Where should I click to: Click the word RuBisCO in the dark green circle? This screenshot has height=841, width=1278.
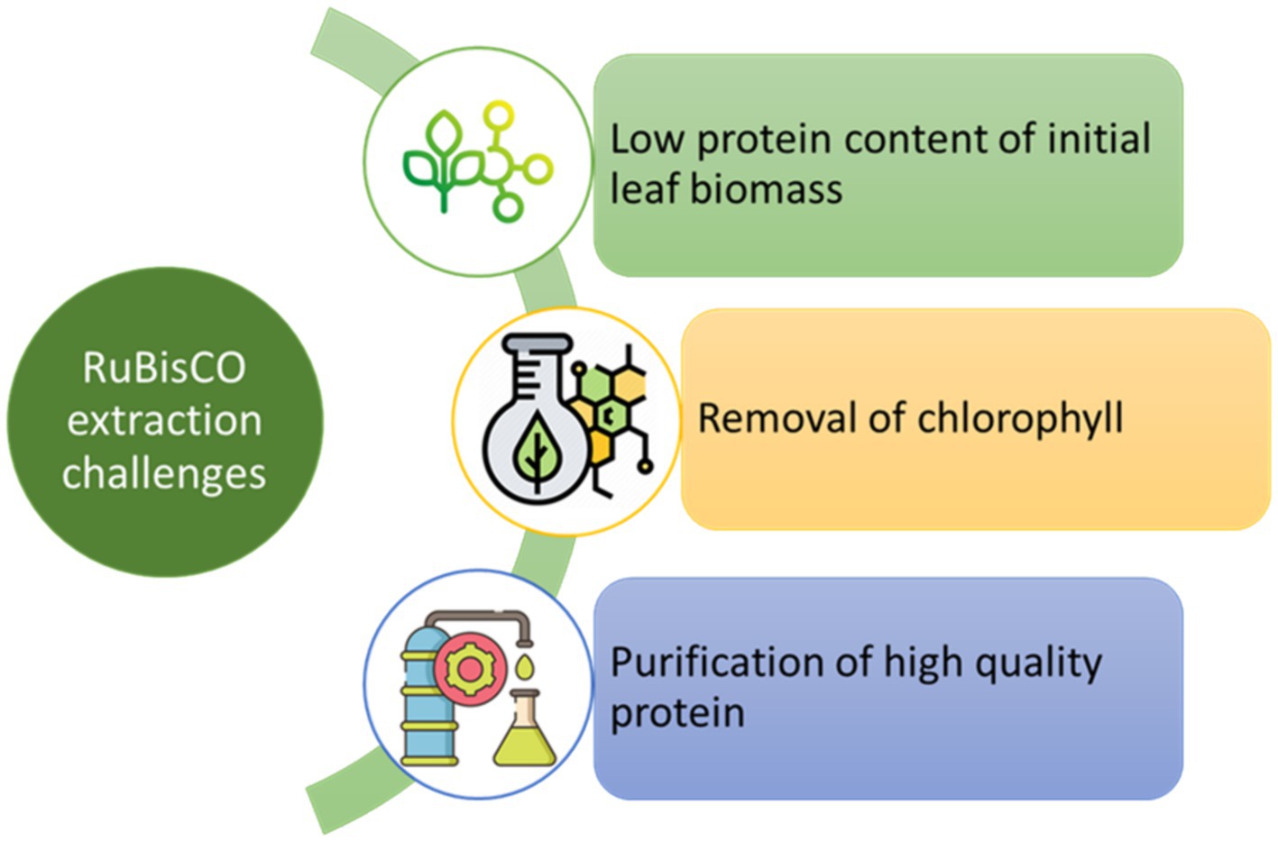pyautogui.click(x=164, y=368)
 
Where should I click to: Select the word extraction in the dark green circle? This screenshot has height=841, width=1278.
pyautogui.click(x=164, y=420)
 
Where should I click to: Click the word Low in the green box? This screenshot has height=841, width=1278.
pyautogui.click(x=647, y=139)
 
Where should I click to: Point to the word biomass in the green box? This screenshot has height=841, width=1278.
pyautogui.click(x=767, y=188)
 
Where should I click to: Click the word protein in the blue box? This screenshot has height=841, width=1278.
pyautogui.click(x=678, y=715)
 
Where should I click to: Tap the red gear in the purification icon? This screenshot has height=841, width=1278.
pyautogui.click(x=470, y=669)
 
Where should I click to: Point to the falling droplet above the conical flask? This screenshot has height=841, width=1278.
pyautogui.click(x=525, y=666)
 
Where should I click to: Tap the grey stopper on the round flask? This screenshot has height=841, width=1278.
pyautogui.click(x=537, y=343)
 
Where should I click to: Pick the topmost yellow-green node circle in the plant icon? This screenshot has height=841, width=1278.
pyautogui.click(x=499, y=116)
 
